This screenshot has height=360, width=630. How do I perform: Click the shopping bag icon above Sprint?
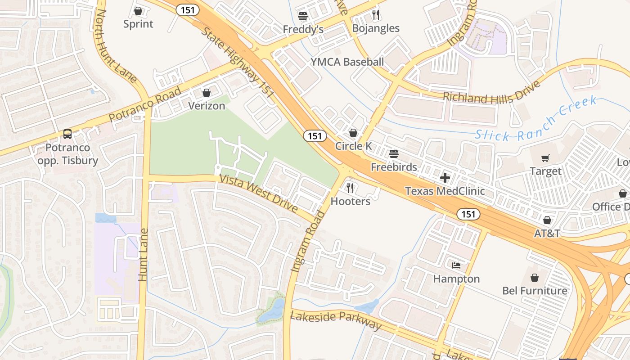(138, 10)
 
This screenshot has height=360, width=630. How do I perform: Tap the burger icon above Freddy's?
(303, 17)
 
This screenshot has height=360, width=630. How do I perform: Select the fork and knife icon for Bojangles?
(376, 15)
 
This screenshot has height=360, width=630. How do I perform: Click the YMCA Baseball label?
(347, 62)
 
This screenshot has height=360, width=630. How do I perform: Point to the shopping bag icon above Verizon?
(207, 93)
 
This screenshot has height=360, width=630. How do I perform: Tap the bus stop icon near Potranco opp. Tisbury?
(67, 134)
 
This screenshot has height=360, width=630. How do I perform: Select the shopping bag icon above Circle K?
(353, 133)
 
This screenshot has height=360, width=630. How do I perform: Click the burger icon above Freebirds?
(394, 154)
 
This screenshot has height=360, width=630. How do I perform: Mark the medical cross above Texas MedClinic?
(445, 177)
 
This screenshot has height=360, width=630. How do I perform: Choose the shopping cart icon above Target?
(545, 158)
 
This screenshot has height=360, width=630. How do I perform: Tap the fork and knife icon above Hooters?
(350, 188)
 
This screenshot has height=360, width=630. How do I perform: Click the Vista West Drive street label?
(258, 193)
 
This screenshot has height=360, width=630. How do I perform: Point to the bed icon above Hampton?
(456, 265)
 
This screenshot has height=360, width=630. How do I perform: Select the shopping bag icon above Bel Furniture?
(535, 277)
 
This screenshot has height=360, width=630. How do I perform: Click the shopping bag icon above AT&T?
(547, 220)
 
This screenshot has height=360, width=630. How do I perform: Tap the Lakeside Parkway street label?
(336, 319)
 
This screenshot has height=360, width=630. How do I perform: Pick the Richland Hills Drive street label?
(491, 94)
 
